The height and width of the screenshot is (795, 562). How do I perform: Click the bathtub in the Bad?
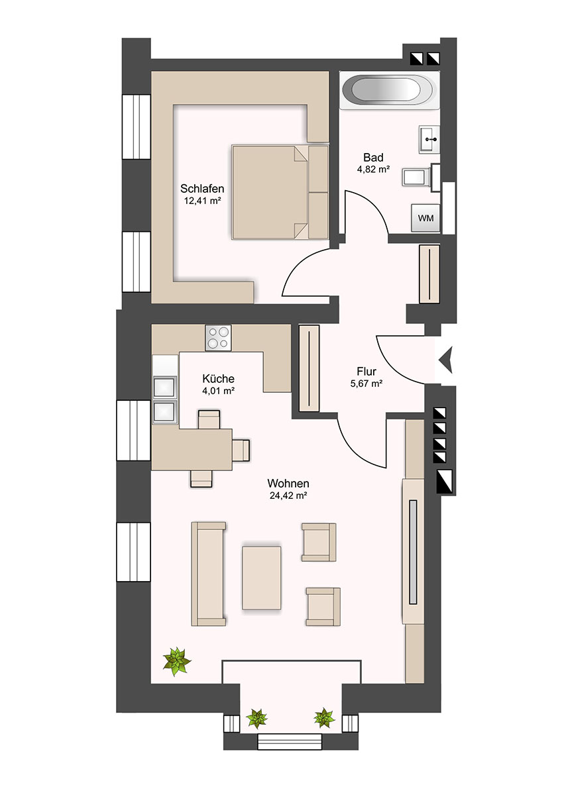pyautogui.click(x=390, y=90)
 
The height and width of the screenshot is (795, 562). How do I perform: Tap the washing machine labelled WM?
pyautogui.click(x=425, y=218)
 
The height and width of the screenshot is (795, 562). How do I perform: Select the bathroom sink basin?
pyautogui.click(x=429, y=139)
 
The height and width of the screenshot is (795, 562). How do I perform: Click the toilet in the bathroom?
pyautogui.click(x=421, y=177)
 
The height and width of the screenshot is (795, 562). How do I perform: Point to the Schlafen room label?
pyautogui.click(x=202, y=188)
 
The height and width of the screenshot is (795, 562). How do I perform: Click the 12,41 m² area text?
pyautogui.click(x=202, y=201)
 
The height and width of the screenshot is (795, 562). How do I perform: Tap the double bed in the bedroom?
pyautogui.click(x=280, y=192)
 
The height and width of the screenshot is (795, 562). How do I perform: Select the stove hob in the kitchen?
pyautogui.click(x=218, y=337)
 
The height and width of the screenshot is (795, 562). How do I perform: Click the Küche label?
pyautogui.click(x=218, y=378)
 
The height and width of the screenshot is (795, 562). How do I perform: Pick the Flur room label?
pyautogui.click(x=366, y=371)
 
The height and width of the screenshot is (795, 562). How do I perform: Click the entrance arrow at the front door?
pyautogui.click(x=445, y=360)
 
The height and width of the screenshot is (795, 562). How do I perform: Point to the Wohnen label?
pyautogui.click(x=288, y=483)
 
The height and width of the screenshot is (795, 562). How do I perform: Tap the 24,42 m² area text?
pyautogui.click(x=288, y=496)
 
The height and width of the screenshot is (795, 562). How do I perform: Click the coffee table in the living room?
pyautogui.click(x=261, y=578)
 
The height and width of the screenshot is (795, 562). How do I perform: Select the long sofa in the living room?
pyautogui.click(x=208, y=574)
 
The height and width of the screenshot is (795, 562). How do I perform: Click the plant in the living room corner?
pyautogui.click(x=176, y=661)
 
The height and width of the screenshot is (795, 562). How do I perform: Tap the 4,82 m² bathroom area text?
pyautogui.click(x=373, y=170)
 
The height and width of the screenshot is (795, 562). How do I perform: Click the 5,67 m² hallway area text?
pyautogui.click(x=366, y=384)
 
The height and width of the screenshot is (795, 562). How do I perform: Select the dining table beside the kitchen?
pyautogui.click(x=192, y=449)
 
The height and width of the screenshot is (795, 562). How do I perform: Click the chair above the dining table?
pyautogui.click(x=209, y=419)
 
